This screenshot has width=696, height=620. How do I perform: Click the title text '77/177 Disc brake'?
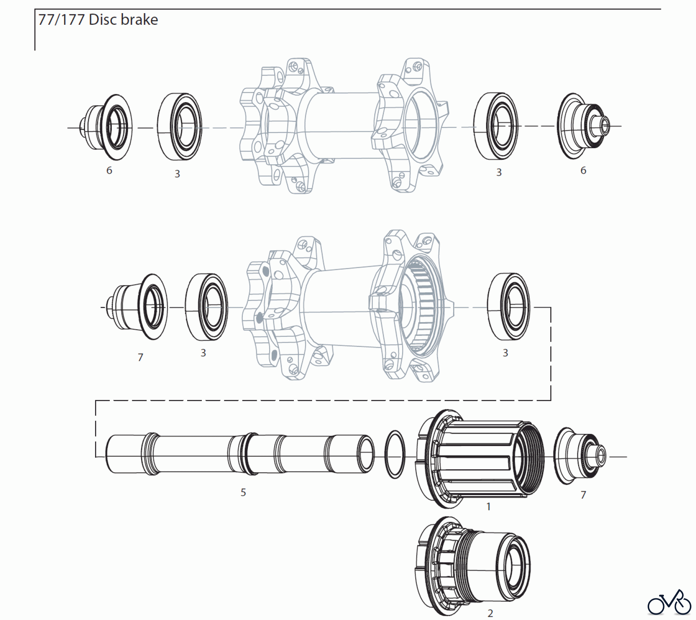pos(98,20)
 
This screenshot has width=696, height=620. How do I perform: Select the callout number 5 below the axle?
pos(243,492)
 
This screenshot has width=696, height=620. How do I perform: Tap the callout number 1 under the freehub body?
pos(488,506)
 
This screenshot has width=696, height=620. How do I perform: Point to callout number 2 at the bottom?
pos(490,613)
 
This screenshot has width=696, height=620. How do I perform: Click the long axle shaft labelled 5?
pos(240,454)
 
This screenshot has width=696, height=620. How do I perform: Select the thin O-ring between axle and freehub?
pos(395,454)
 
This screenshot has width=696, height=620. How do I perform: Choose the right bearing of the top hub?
pos(496,126)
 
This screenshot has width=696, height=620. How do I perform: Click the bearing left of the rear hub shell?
pos(206,307)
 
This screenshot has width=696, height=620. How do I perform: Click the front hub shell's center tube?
pos(340,126)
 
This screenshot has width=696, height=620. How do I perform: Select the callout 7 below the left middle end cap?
pos(140,357)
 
